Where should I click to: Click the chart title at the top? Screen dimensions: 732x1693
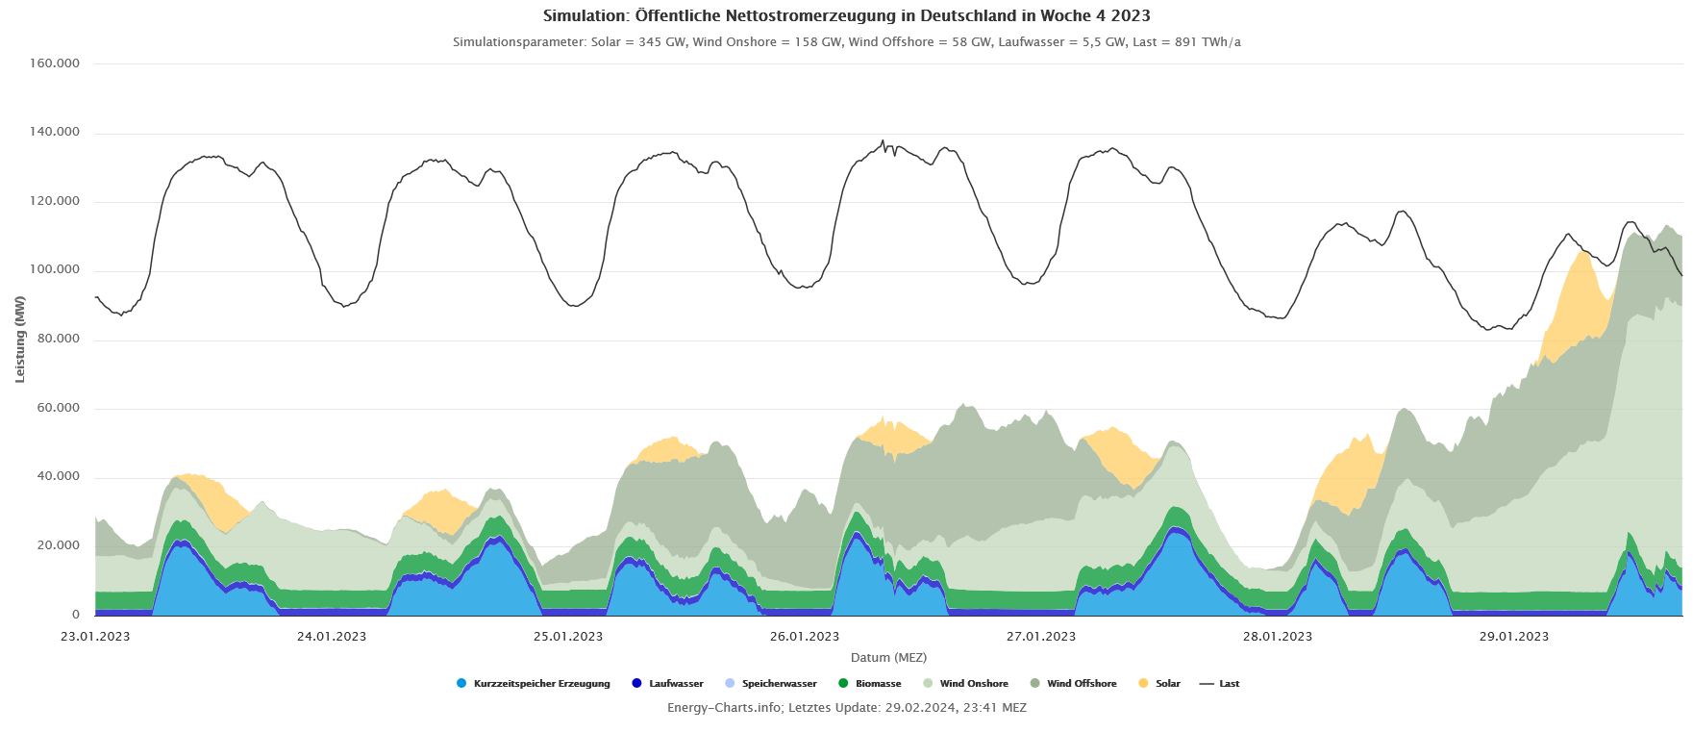point(846,15)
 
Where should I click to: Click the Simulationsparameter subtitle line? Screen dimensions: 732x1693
point(846,42)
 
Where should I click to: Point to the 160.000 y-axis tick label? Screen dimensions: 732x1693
point(55,63)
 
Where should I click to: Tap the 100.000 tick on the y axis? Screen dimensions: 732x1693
point(55,269)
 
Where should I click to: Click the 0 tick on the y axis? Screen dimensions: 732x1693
point(76,614)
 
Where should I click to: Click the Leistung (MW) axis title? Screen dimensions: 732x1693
point(20,339)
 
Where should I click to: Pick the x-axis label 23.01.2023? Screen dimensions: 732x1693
point(95,637)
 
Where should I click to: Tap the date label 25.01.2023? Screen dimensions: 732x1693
point(568,637)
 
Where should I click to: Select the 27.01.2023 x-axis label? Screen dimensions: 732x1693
point(1041,637)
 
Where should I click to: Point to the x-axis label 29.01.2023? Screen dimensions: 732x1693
point(1514,637)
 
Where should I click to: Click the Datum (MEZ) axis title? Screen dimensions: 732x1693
point(888,658)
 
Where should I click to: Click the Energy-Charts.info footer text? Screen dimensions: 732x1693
point(846,708)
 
